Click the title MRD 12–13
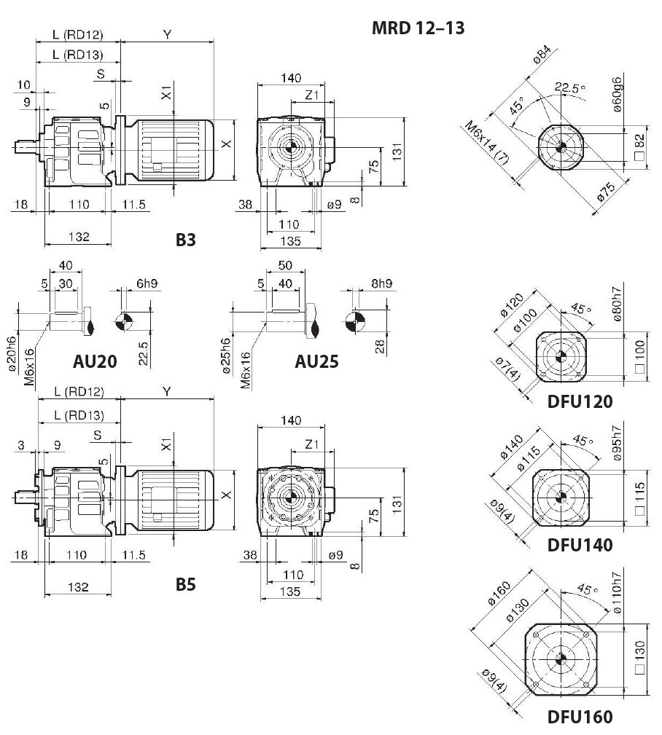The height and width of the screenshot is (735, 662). tap(418, 28)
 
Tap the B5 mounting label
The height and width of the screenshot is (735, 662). tap(186, 583)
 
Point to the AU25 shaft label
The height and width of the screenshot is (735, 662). tap(316, 361)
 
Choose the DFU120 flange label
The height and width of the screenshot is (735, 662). tap(580, 401)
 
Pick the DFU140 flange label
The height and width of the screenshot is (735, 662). tap(580, 544)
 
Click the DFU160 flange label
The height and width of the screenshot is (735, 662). tap(580, 717)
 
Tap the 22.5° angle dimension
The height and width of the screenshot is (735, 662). tap(570, 89)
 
